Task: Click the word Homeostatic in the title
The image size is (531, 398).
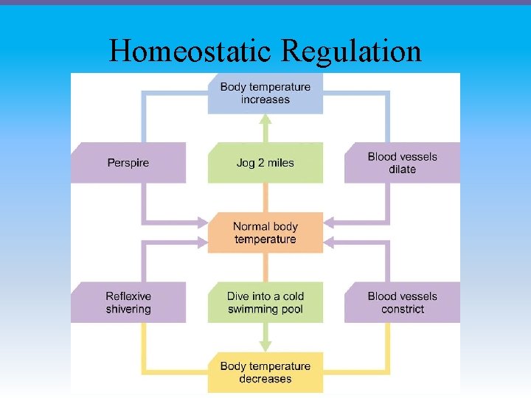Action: click(192, 52)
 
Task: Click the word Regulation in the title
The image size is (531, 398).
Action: click(352, 52)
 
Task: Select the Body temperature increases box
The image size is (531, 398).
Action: click(265, 94)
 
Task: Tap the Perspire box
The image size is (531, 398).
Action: click(128, 163)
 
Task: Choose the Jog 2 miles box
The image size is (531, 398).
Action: click(265, 163)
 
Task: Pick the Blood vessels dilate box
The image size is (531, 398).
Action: click(402, 163)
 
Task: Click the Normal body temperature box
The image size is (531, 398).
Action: click(265, 233)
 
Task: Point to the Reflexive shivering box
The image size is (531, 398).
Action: click(128, 303)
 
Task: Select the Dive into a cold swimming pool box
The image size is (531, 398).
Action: click(265, 303)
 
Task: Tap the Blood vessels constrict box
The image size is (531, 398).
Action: click(402, 303)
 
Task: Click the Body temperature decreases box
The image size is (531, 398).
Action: click(265, 372)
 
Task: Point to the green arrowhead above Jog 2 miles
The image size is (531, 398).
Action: click(265, 119)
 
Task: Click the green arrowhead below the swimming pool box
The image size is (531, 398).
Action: click(265, 346)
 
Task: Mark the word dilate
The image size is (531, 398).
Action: click(403, 170)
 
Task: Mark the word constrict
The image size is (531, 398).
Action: click(403, 310)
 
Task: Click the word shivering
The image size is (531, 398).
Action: click(128, 310)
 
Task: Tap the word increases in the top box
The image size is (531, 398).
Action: click(265, 100)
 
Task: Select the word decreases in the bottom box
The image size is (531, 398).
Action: click(265, 379)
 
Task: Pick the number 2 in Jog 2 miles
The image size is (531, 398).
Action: click(261, 163)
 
